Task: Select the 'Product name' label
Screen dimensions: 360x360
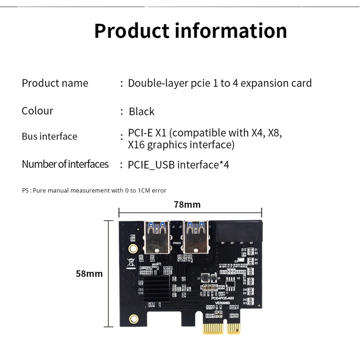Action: click(x=55, y=83)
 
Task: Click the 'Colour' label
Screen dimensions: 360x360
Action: click(x=37, y=111)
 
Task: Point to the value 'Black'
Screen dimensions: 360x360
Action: click(x=141, y=111)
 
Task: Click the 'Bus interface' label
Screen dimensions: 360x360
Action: click(x=49, y=137)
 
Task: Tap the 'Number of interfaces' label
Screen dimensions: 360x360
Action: click(x=65, y=164)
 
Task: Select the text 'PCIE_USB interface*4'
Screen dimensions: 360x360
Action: click(x=178, y=165)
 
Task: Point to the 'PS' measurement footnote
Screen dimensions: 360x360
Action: click(x=94, y=190)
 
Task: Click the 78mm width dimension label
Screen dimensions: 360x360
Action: click(x=187, y=205)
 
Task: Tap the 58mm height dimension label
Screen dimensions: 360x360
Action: click(x=89, y=274)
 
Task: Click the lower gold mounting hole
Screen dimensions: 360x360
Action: click(x=134, y=318)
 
